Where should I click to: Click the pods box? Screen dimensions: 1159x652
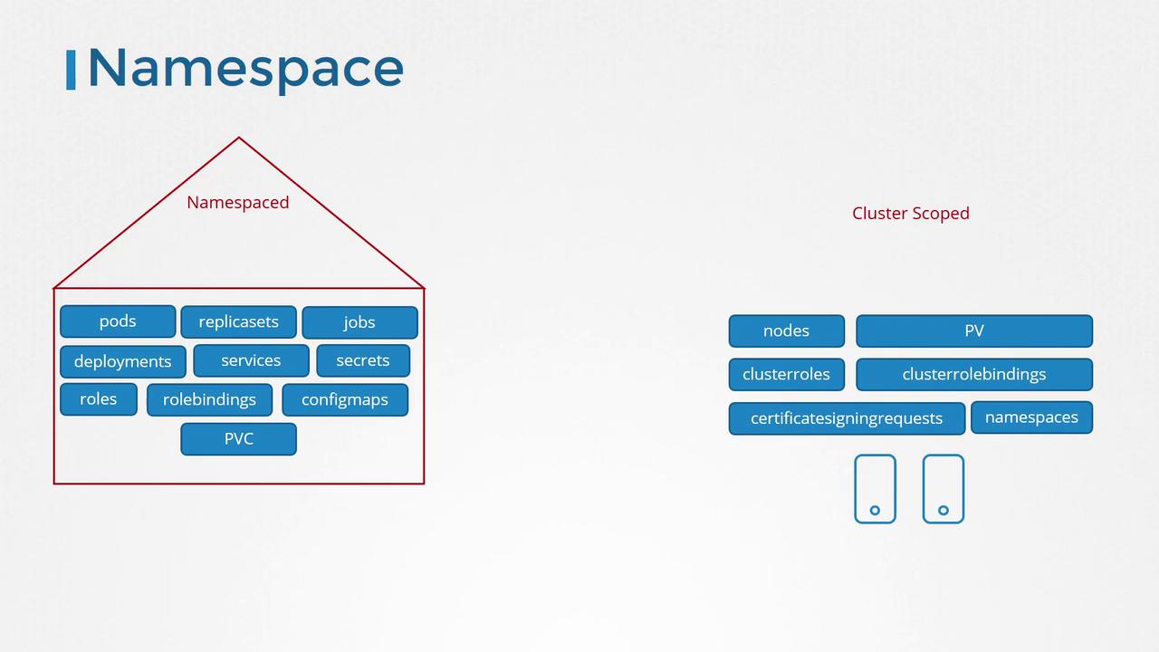click(118, 321)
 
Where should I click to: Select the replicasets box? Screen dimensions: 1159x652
click(238, 321)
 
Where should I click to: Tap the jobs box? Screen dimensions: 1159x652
click(360, 322)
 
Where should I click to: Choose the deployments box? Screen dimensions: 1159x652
click(122, 361)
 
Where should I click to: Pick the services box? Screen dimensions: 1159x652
click(251, 360)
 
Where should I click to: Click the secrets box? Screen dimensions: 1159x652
click(363, 360)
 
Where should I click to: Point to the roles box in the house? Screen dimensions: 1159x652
click(99, 399)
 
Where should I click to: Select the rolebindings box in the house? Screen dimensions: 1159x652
click(209, 400)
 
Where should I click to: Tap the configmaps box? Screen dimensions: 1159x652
click(345, 400)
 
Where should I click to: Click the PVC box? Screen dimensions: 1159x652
click(238, 439)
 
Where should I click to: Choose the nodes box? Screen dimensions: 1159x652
click(787, 331)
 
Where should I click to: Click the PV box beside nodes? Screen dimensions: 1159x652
click(974, 331)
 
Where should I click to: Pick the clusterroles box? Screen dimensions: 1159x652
click(787, 375)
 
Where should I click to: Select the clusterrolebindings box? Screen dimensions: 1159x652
click(974, 375)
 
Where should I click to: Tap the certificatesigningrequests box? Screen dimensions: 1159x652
click(847, 418)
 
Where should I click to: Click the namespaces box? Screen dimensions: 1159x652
click(1031, 417)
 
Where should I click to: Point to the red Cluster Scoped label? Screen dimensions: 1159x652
click(911, 213)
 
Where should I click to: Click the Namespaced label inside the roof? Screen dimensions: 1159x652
click(238, 203)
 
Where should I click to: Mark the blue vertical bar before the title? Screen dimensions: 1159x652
click(71, 70)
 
